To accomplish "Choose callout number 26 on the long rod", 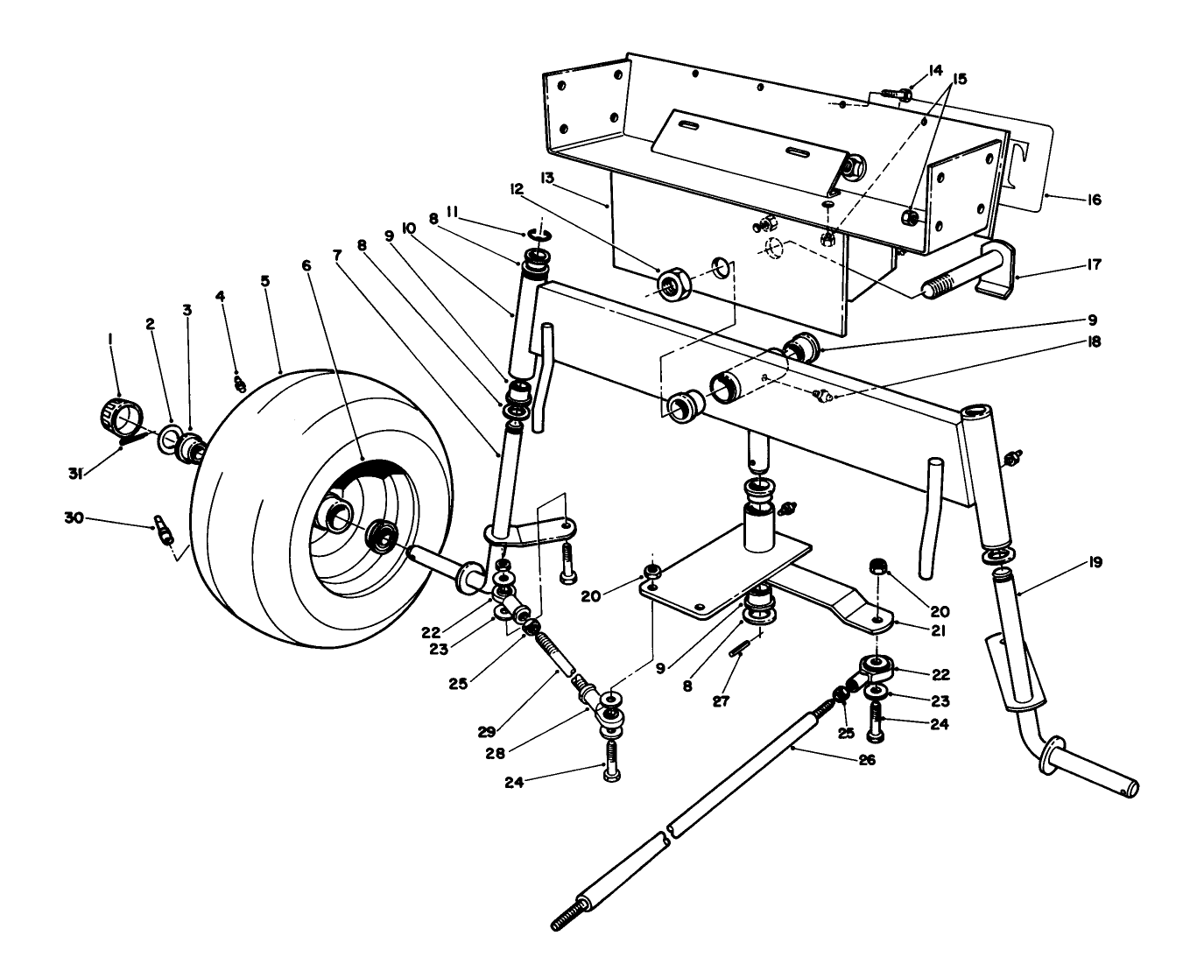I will pos(866,761).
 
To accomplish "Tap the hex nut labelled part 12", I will pos(672,285).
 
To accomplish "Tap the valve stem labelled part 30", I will pos(163,530).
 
